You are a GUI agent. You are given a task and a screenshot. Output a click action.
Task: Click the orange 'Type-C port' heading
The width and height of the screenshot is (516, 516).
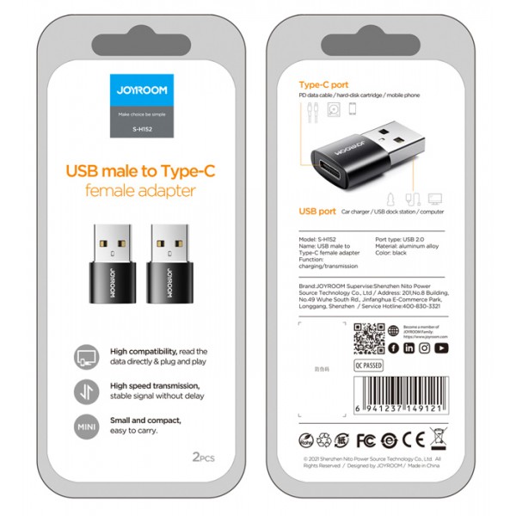point(323,86)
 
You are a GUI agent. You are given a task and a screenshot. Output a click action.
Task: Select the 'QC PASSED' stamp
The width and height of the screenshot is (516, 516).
point(369,365)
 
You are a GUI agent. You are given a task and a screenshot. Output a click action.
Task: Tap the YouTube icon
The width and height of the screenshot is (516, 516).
point(442,348)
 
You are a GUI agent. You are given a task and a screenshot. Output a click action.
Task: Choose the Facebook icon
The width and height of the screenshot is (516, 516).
point(393,348)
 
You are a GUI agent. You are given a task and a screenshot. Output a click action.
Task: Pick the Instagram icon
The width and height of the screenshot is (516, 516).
point(426,348)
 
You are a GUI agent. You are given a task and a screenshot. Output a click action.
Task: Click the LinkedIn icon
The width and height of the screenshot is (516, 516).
point(409,348)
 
